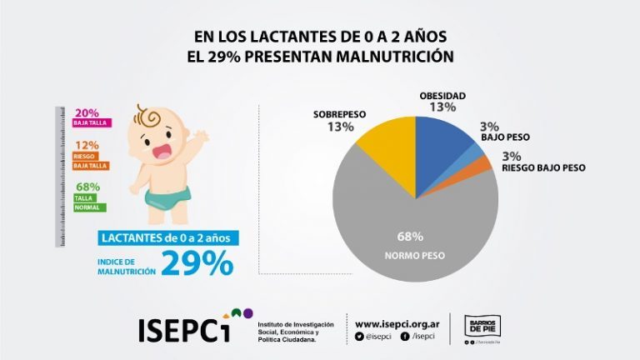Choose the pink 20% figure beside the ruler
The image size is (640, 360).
[x=87, y=113]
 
